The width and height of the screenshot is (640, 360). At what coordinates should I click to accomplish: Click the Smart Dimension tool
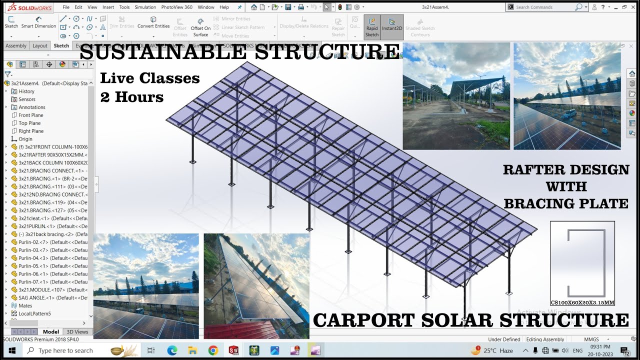click(38, 22)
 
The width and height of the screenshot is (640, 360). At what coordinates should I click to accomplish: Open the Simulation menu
click(145, 7)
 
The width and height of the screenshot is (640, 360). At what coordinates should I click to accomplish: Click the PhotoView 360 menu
click(176, 7)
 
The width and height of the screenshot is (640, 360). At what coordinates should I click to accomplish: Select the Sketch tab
click(61, 46)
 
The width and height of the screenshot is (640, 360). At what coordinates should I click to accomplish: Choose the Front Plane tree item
click(30, 115)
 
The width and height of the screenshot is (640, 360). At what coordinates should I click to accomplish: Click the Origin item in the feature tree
click(25, 139)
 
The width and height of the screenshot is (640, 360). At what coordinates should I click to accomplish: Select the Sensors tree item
click(27, 99)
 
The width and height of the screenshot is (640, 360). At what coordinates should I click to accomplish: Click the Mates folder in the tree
click(25, 306)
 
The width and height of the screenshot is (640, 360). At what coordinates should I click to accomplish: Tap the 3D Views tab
click(77, 331)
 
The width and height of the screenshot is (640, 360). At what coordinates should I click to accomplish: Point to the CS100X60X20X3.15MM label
click(582, 302)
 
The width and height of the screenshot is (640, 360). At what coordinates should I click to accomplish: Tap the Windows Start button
click(11, 350)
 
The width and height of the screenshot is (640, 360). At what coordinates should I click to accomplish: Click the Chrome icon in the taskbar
click(213, 350)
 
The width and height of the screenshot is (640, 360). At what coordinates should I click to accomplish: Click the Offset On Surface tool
click(200, 27)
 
